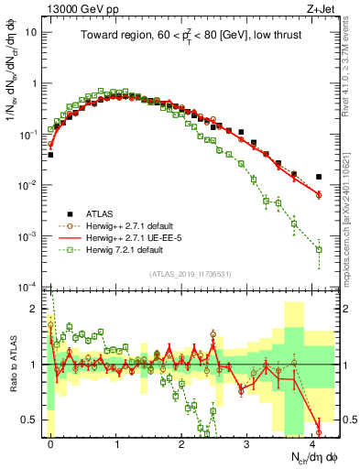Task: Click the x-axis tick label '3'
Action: [x=247, y=442]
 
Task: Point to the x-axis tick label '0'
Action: [x=50, y=442]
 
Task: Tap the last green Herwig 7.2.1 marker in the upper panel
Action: [x=319, y=249]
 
